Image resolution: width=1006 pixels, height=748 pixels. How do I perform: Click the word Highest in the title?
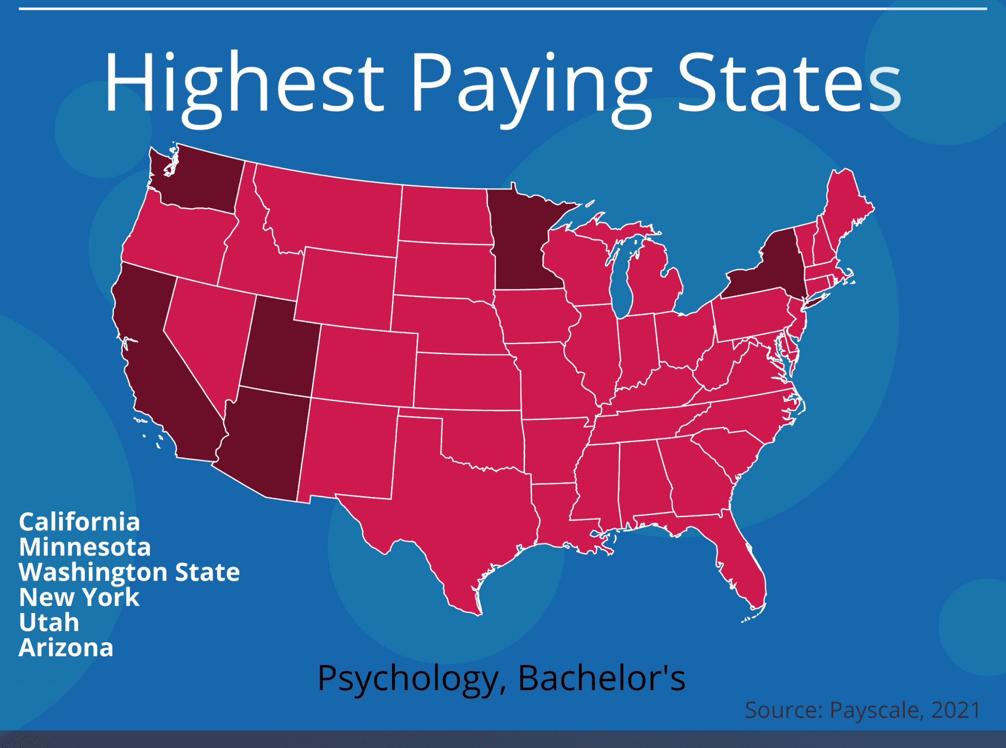pos(244,83)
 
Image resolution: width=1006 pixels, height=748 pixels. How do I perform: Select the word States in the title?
pos(789,83)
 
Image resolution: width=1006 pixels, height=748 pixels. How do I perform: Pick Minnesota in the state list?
pos(84,547)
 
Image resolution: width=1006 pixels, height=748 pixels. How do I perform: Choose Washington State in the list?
pos(129,572)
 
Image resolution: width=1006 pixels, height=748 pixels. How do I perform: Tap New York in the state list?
pos(79,597)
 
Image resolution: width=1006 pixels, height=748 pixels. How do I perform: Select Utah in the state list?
pos(49,622)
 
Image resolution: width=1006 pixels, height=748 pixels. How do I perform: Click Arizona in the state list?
pos(66,647)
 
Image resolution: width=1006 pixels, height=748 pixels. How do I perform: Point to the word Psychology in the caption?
pos(408,679)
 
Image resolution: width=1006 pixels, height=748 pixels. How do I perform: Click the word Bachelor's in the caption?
pos(602,679)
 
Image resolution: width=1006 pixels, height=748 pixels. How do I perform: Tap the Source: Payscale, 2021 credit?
pos(863,710)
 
